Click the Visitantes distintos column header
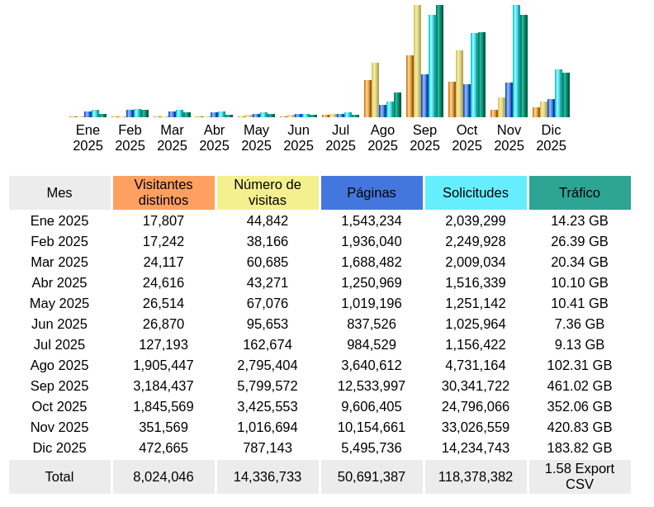[163, 192]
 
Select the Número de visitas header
[268, 192]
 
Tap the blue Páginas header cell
[372, 192]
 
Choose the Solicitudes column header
[476, 192]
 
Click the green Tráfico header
[580, 192]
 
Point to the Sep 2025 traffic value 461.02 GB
[580, 386]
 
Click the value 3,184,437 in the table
[163, 386]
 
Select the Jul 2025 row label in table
[59, 344]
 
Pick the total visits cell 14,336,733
[268, 476]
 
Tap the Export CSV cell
[580, 476]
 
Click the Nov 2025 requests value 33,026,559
[476, 427]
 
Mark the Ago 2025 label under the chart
[382, 138]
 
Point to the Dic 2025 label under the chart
[551, 138]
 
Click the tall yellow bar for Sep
[418, 62]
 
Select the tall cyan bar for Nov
[516, 62]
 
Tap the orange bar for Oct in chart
[452, 99]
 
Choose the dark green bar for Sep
[439, 62]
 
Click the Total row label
[59, 476]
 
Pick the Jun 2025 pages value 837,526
[372, 324]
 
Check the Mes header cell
[59, 192]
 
